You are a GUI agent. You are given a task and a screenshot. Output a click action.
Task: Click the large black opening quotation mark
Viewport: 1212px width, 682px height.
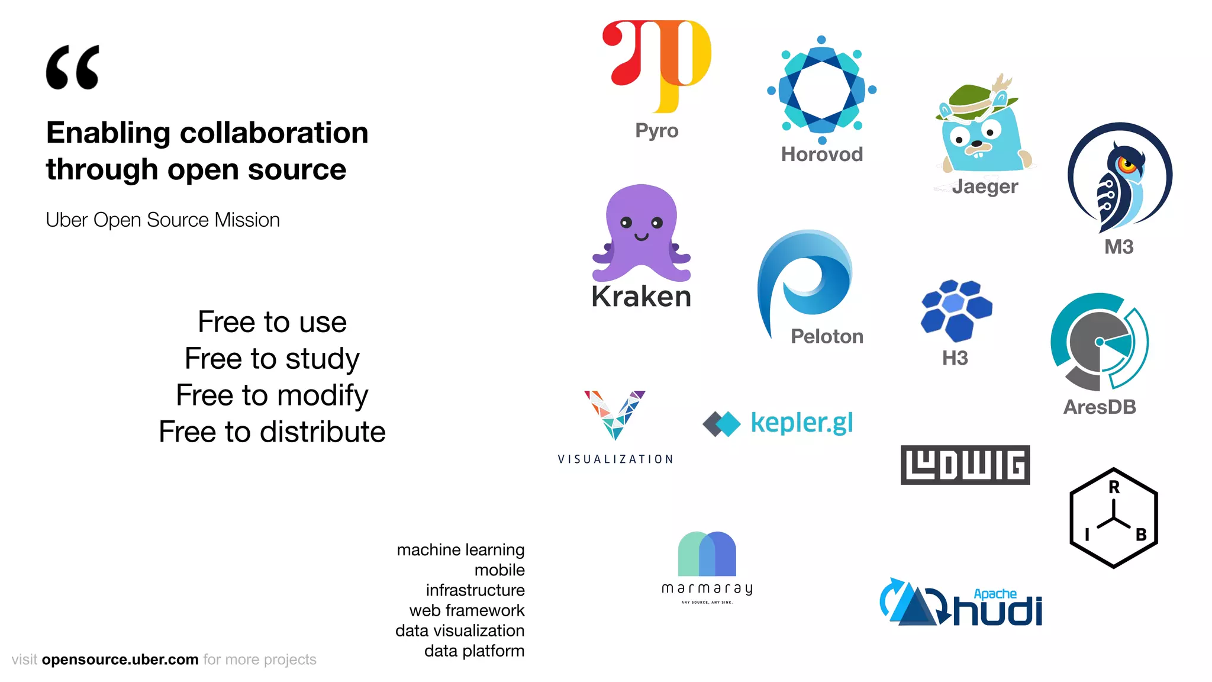[72, 67]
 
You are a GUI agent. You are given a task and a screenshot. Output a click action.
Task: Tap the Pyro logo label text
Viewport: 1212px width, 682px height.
[656, 130]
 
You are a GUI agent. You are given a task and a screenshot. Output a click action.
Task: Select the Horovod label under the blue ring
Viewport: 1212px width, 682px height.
[821, 155]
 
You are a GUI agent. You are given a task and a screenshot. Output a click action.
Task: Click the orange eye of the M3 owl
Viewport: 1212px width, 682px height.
[1126, 163]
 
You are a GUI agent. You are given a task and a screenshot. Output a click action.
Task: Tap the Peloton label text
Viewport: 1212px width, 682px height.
[827, 336]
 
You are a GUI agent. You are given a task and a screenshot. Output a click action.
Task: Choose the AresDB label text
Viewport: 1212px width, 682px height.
[1100, 407]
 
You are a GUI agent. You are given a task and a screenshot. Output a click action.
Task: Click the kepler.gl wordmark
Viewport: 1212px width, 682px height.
[802, 423]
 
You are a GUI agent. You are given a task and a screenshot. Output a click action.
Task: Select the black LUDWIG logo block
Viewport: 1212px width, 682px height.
[965, 465]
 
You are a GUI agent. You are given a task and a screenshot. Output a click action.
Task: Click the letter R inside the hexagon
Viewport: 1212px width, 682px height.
[1114, 487]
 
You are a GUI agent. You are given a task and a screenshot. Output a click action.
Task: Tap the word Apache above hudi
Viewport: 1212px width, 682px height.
[995, 594]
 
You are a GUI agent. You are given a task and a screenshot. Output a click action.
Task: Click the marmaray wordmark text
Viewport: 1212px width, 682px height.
[707, 588]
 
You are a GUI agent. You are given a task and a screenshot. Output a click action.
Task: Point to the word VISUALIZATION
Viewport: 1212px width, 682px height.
[615, 459]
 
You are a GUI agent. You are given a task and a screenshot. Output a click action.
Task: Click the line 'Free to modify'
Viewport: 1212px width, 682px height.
[272, 395]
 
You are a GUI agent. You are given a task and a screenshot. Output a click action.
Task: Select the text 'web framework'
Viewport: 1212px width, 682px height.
[466, 610]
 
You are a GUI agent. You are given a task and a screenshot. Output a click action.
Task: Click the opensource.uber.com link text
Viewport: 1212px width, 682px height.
[120, 660]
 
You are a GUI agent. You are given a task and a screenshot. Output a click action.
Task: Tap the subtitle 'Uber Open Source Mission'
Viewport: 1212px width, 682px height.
[163, 220]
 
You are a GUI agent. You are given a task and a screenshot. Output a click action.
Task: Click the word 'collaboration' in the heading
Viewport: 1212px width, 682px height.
[274, 133]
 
